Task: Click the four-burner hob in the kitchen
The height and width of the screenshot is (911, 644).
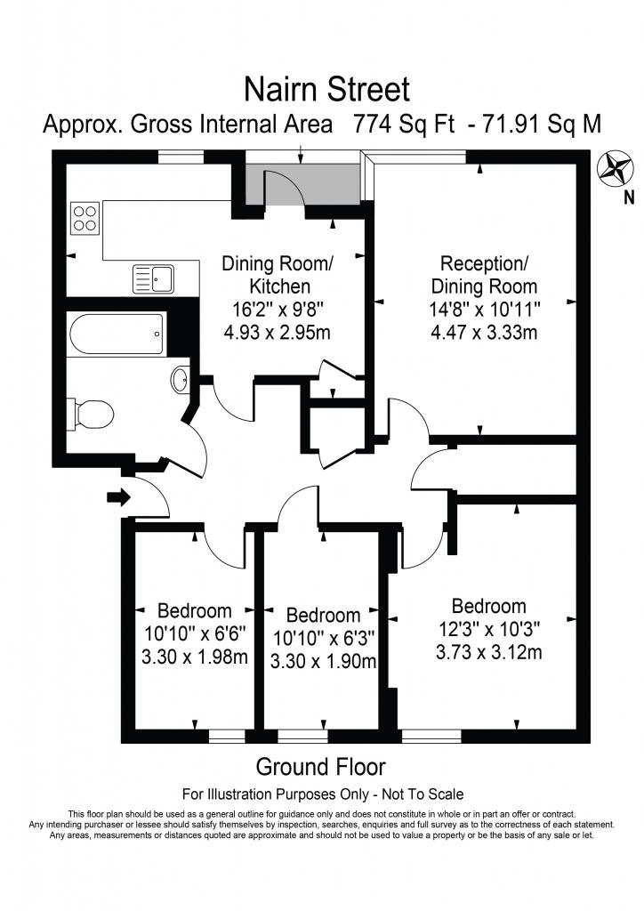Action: coord(85,218)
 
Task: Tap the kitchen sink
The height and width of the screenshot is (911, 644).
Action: coord(153,278)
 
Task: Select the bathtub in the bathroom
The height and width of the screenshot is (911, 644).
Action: coord(117,335)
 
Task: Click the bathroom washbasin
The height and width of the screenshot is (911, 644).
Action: coord(180,381)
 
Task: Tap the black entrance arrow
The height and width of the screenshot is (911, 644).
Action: coord(118,497)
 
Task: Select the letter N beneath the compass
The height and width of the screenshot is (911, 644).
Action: coord(628,198)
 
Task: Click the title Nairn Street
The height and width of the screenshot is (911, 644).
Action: coord(327,90)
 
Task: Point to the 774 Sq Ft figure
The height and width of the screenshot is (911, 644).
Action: coord(404,125)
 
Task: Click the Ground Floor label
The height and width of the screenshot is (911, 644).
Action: coord(320,767)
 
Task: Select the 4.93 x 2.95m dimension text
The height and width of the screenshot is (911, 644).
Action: coord(277,333)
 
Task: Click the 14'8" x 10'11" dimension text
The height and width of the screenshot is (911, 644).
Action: coord(484,309)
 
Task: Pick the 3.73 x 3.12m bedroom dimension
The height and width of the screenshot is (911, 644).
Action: coord(489,652)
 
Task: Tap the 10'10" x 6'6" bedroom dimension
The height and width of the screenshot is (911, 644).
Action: coord(195,633)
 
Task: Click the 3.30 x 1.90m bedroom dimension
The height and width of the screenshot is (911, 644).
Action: coord(324,661)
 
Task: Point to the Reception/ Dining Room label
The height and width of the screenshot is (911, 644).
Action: coord(484,275)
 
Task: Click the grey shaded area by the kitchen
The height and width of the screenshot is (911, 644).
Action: coord(302,183)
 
